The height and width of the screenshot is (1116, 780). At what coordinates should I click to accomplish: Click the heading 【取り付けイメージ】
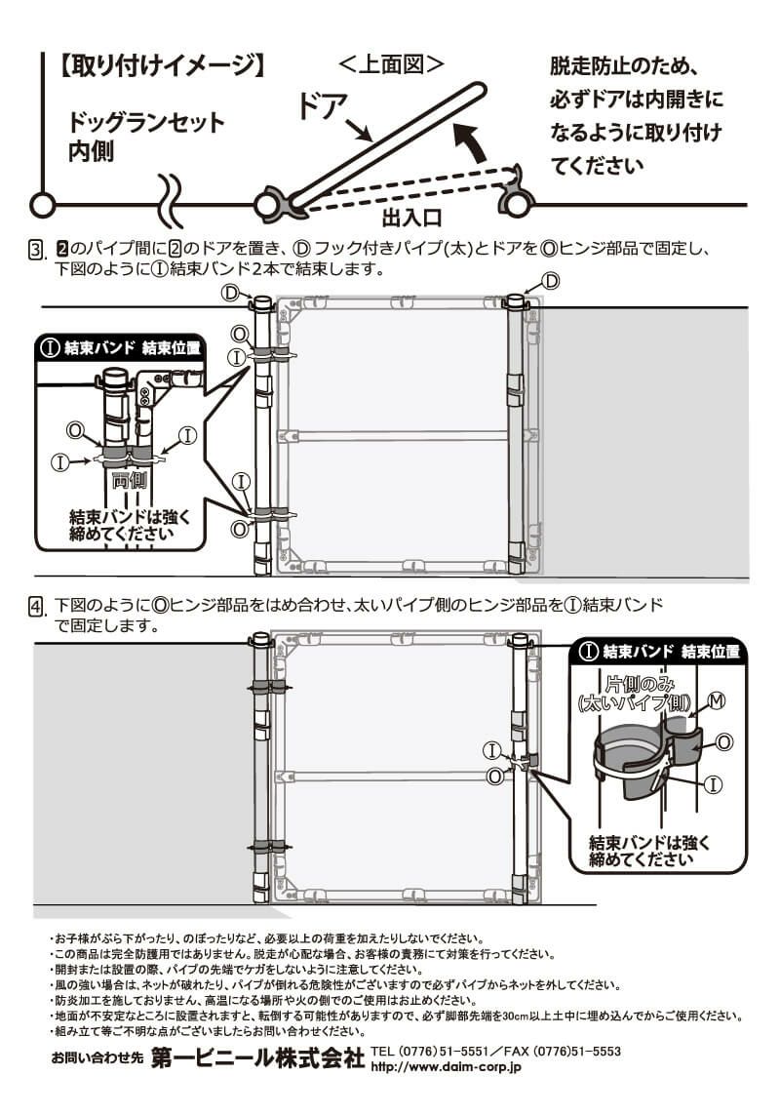coord(162,67)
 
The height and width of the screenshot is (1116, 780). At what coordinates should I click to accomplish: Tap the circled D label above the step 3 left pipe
coord(230,292)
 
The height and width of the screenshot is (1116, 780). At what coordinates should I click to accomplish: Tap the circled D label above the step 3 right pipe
coord(550,281)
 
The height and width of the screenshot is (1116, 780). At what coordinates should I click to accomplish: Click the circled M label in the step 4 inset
coord(717,700)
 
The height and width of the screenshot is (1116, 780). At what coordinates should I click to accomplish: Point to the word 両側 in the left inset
coord(129,480)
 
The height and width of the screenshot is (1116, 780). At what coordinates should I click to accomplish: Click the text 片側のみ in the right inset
coord(635,682)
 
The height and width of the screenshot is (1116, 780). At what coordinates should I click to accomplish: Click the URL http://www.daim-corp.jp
coord(447,1068)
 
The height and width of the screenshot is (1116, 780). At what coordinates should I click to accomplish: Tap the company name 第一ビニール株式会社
coord(258,1060)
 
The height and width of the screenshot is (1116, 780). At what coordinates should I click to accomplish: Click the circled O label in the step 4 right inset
coord(724,742)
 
